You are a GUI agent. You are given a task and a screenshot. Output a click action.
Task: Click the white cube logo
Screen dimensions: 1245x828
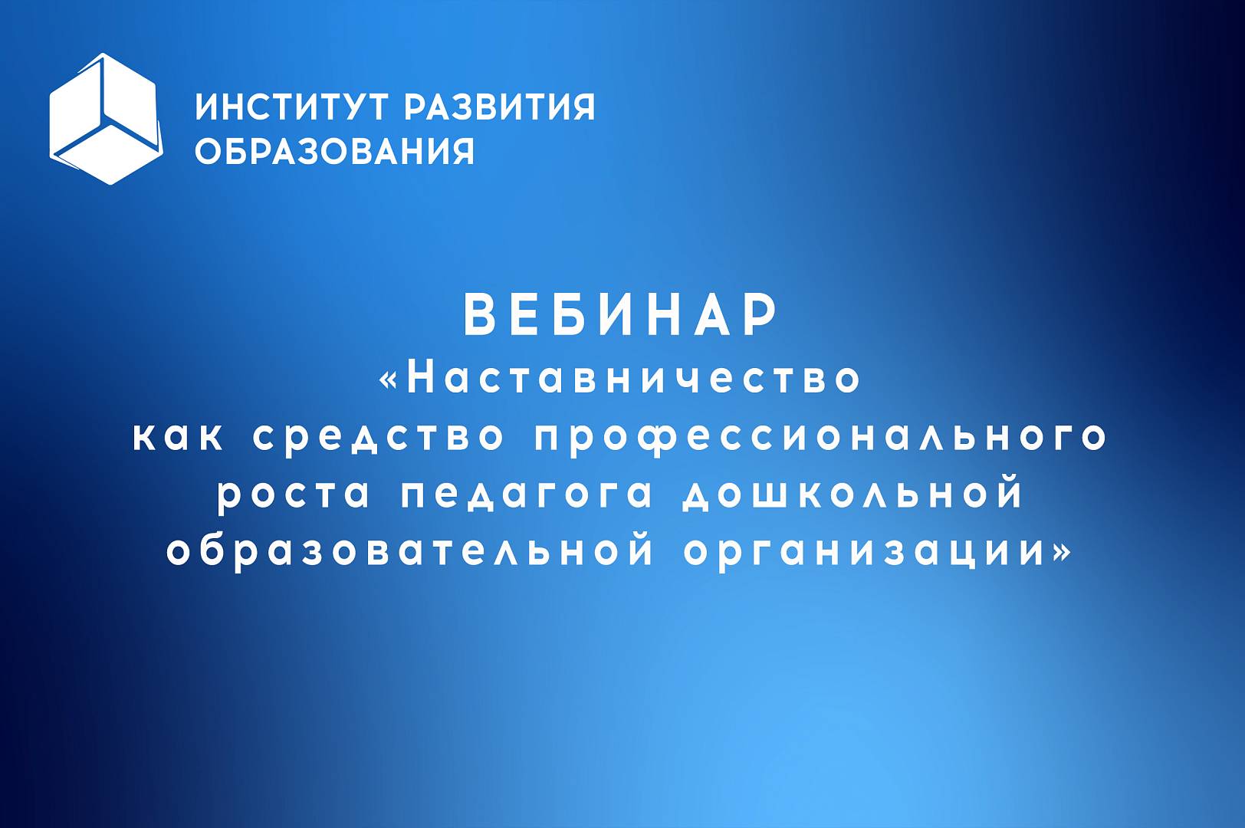pyautogui.click(x=106, y=119)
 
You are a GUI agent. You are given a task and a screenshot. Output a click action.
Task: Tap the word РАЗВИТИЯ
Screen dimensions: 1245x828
pyautogui.click(x=499, y=107)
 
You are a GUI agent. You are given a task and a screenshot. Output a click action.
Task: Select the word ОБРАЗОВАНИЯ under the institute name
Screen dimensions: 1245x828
pyautogui.click(x=334, y=151)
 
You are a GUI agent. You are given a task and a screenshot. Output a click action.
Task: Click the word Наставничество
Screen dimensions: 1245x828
pyautogui.click(x=633, y=379)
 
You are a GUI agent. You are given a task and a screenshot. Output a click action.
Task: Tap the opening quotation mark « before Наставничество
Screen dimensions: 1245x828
pyautogui.click(x=389, y=381)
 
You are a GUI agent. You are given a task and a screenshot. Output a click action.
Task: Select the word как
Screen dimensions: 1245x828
pyautogui.click(x=178, y=437)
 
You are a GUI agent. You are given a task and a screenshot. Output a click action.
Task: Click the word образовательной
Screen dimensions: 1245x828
pyautogui.click(x=409, y=551)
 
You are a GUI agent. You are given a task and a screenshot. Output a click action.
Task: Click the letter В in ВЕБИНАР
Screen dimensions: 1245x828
pyautogui.click(x=479, y=314)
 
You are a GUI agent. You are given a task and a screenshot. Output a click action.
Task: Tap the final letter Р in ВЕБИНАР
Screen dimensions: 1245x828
pyautogui.click(x=762, y=314)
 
